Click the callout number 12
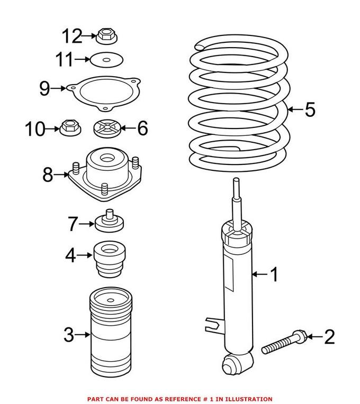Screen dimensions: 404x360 (x=71, y=36)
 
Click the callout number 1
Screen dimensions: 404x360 (x=274, y=274)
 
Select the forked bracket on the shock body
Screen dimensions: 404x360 (x=212, y=322)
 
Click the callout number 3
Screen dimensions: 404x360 (x=68, y=334)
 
